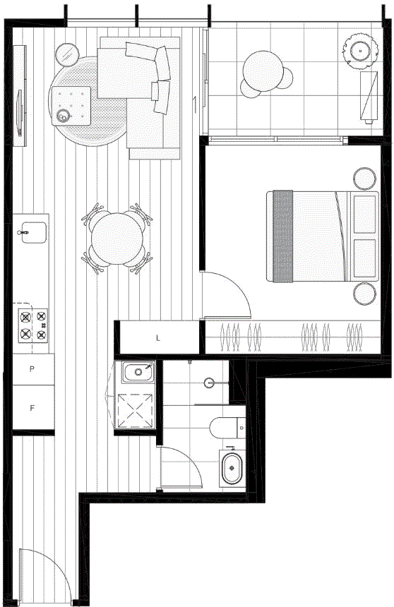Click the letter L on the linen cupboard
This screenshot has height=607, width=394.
coord(157,338)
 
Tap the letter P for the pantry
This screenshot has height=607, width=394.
coord(32,369)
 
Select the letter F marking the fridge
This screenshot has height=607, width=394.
coord(32,408)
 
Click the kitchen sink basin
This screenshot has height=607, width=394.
coord(34,233)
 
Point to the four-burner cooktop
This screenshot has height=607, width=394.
coord(33,325)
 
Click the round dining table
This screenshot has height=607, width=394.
coord(116,239)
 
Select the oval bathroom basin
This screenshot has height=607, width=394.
coord(232,468)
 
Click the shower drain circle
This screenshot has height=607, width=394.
coord(209,383)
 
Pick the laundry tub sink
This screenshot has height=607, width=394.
coord(138,372)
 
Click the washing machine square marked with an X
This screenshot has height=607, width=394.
coord(135,411)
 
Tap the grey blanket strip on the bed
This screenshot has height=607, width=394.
coord(283,236)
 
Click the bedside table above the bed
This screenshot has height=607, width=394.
coord(364,179)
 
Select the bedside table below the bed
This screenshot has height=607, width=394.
coord(364,294)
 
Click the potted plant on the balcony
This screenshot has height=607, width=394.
coord(360,50)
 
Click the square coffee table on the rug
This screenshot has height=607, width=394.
coord(71,106)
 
